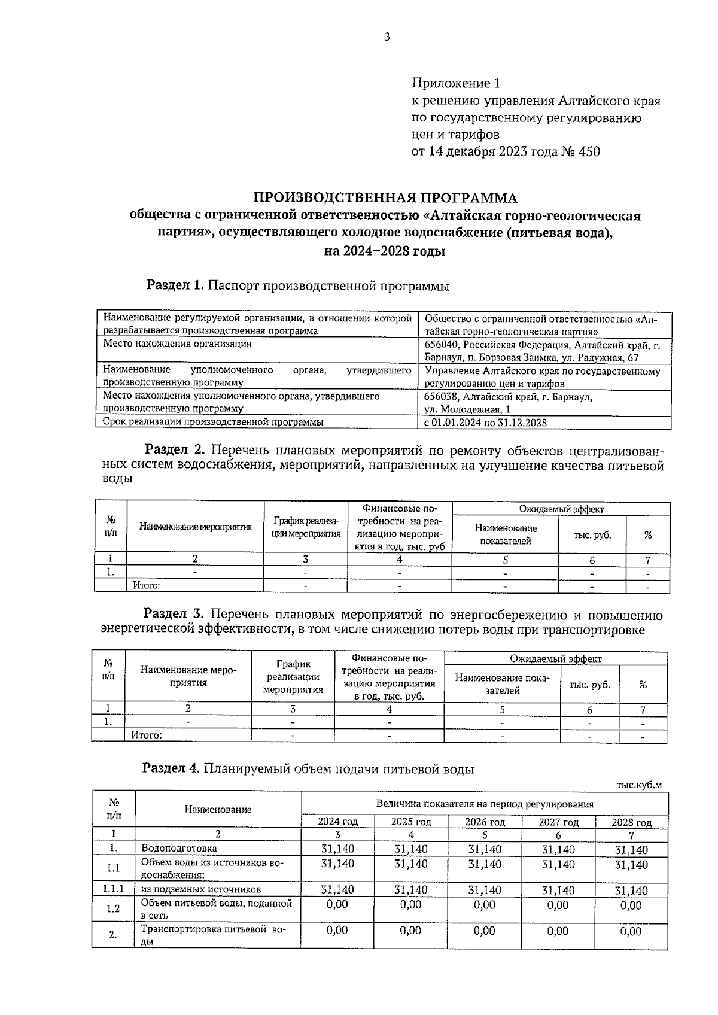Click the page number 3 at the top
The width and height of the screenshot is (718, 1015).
pyautogui.click(x=387, y=37)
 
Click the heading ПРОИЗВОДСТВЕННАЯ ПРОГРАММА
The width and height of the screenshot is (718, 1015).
pyautogui.click(x=385, y=198)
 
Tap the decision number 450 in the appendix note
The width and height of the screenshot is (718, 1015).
pyautogui.click(x=588, y=151)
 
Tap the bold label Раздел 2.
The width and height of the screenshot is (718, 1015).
pyautogui.click(x=176, y=449)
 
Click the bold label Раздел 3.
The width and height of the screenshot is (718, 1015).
pyautogui.click(x=174, y=614)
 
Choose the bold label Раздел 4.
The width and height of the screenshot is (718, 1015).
pyautogui.click(x=171, y=768)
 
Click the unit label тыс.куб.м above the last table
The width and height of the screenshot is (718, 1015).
pyautogui.click(x=638, y=785)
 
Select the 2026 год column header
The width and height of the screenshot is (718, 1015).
pyautogui.click(x=485, y=822)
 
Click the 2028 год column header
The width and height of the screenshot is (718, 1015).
pyautogui.click(x=631, y=822)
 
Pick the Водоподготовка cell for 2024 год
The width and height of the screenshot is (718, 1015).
pyautogui.click(x=337, y=849)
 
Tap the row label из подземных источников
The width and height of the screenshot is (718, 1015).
pyautogui.click(x=201, y=889)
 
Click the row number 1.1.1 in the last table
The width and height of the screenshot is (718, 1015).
pyautogui.click(x=112, y=889)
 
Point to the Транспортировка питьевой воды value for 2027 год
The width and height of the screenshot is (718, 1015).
pyautogui.click(x=558, y=931)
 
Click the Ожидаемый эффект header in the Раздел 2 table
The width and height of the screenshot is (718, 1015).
pyautogui.click(x=561, y=509)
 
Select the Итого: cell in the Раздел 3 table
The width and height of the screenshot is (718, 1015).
pyautogui.click(x=147, y=735)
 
